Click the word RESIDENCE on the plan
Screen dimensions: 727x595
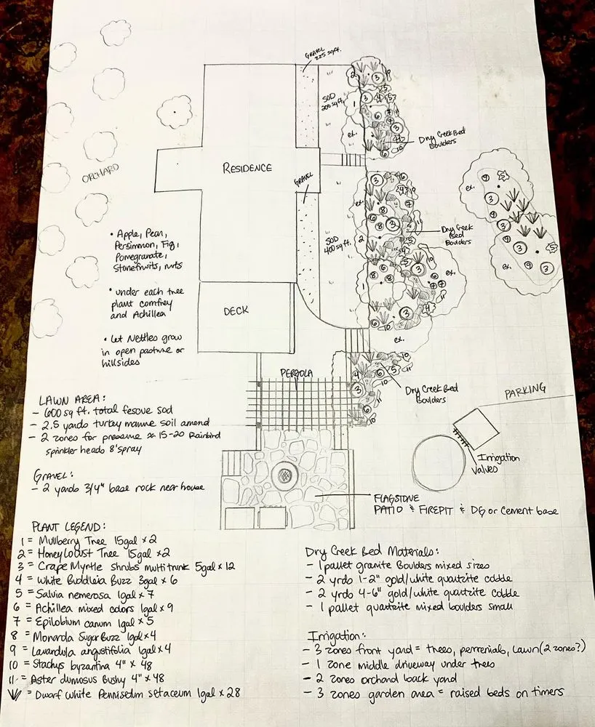[x=247, y=168]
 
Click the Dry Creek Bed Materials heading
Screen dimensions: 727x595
[x=375, y=551]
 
